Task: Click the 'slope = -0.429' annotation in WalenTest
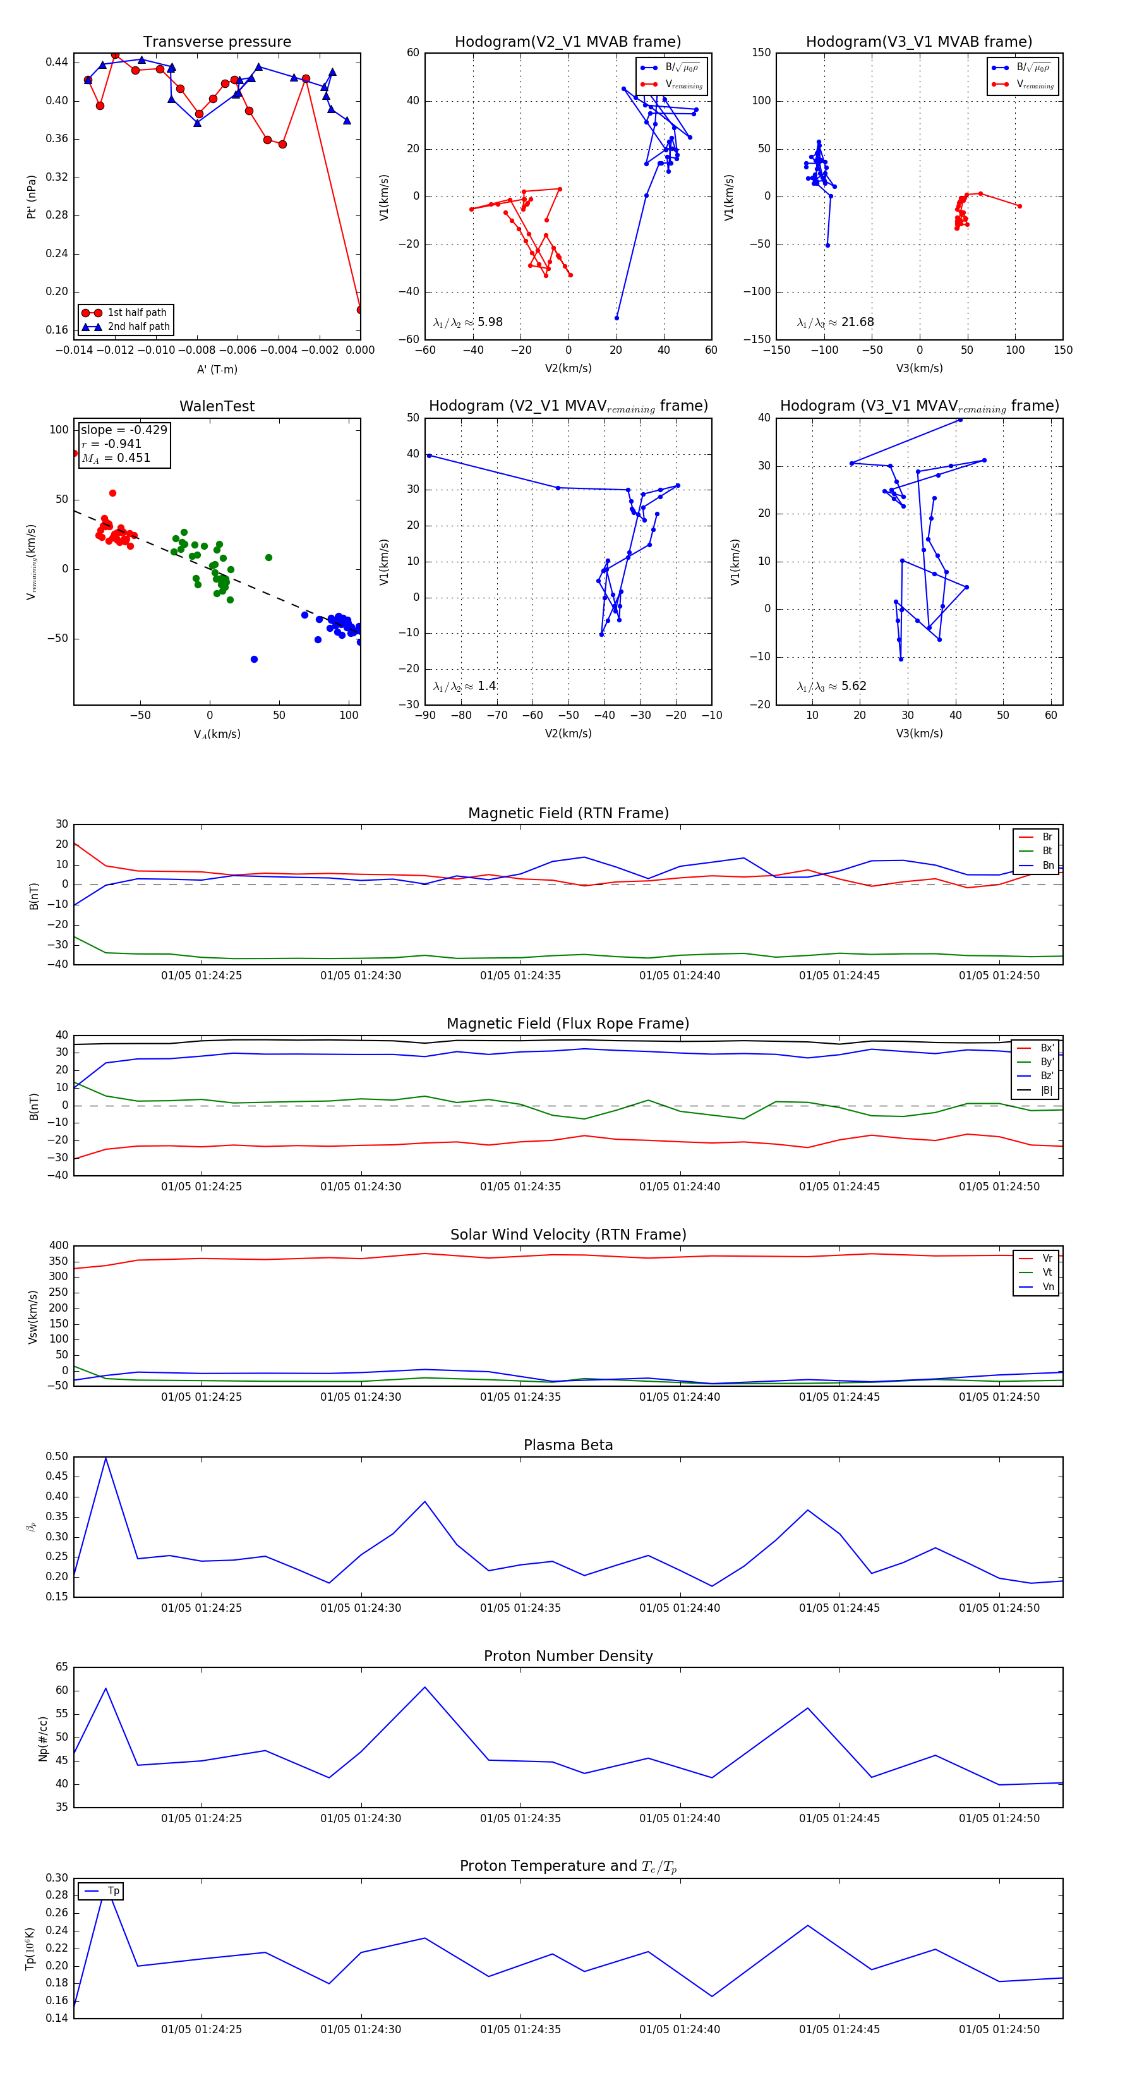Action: coord(124,430)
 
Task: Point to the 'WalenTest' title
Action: coord(217,406)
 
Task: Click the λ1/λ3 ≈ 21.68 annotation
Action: coord(835,322)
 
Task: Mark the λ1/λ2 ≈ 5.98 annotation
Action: coord(467,322)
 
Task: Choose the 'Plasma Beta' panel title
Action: coord(568,1445)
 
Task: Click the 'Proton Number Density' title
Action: coord(568,1656)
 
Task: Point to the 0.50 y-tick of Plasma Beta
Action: coord(57,1457)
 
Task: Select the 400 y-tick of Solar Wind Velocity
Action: coord(59,1246)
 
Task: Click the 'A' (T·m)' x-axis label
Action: coord(217,369)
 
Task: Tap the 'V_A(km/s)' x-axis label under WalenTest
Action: coord(217,734)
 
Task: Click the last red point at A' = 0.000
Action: coord(360,309)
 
